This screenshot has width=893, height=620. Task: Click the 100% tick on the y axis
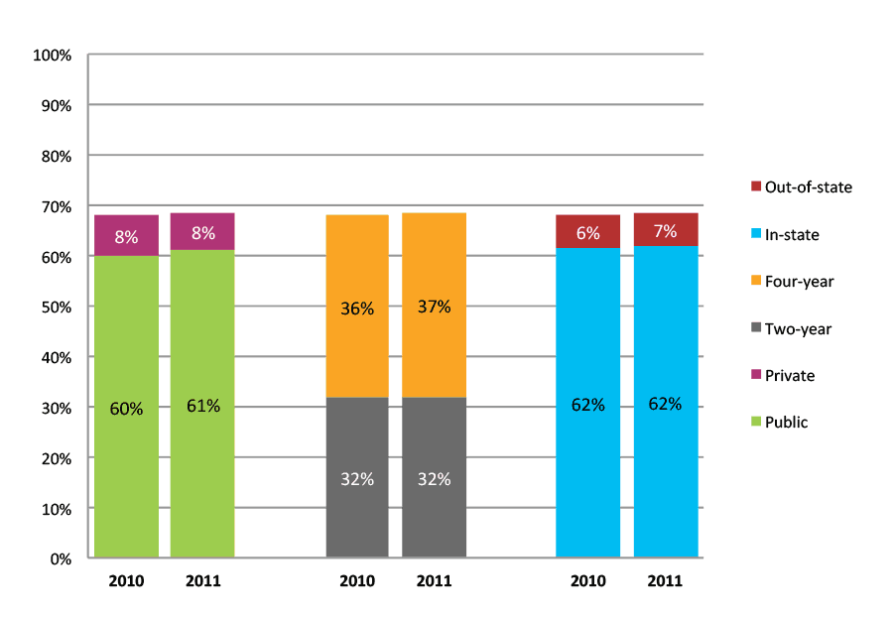coord(52,56)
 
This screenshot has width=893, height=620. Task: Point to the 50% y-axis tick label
coord(56,308)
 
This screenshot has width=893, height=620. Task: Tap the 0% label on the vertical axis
coord(60,558)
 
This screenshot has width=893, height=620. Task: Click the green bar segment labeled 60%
coord(126,407)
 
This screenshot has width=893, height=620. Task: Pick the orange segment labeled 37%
coord(434,306)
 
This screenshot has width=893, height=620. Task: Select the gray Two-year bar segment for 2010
coord(357,477)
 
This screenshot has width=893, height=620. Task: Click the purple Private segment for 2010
coord(126,236)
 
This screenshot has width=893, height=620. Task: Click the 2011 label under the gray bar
coord(434,581)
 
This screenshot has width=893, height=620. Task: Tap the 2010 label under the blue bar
coord(587,581)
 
